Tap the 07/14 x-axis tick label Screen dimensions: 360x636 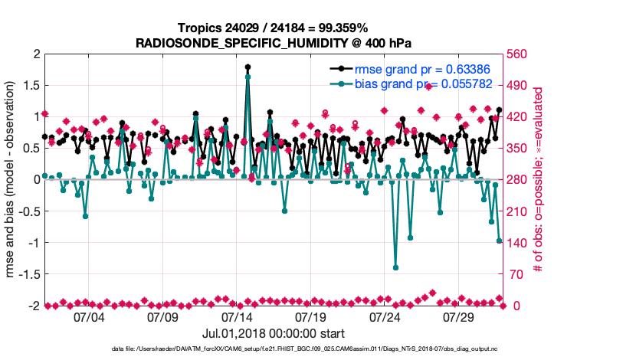pyautogui.click(x=237, y=316)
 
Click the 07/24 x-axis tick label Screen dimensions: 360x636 pyautogui.click(x=385, y=316)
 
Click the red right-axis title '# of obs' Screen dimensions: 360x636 pyautogui.click(x=539, y=179)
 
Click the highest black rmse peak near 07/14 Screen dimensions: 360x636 pyautogui.click(x=248, y=67)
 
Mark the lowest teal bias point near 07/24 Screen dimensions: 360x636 pyautogui.click(x=395, y=267)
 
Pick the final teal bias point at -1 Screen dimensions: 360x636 pyautogui.click(x=500, y=241)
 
